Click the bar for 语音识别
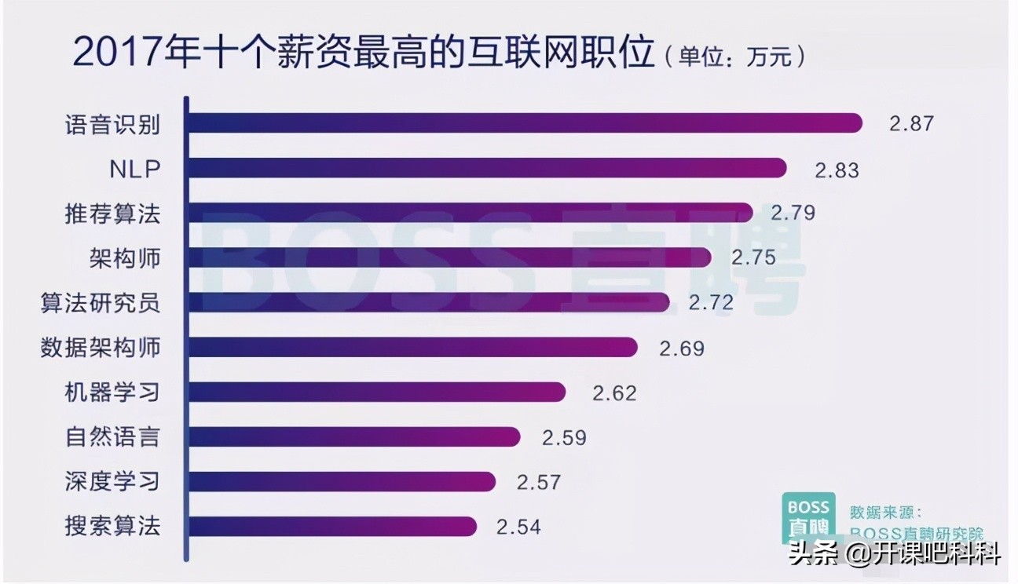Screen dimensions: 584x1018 pyautogui.click(x=525, y=123)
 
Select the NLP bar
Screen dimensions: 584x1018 pyautogui.click(x=487, y=168)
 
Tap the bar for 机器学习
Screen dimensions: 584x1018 pyautogui.click(x=377, y=391)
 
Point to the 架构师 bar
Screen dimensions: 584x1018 pyautogui.click(x=450, y=257)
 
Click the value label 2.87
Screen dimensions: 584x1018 pyautogui.click(x=912, y=124)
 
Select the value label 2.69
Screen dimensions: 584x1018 pyautogui.click(x=682, y=349)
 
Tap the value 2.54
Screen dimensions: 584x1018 pyautogui.click(x=519, y=526)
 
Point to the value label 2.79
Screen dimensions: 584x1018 pyautogui.click(x=793, y=213)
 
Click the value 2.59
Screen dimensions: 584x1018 pyautogui.click(x=564, y=437)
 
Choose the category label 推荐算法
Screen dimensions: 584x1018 pyautogui.click(x=112, y=214)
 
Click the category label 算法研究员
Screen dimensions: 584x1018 pyautogui.click(x=101, y=303)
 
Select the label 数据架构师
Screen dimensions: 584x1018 pyautogui.click(x=101, y=347)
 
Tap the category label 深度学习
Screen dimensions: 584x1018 pyautogui.click(x=112, y=480)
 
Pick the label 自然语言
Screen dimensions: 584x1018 pyautogui.click(x=112, y=436)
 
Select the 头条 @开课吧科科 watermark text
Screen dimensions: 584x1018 pyautogui.click(x=894, y=556)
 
